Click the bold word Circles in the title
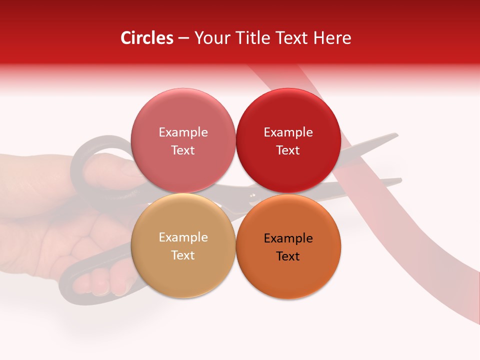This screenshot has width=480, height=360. click(x=146, y=38)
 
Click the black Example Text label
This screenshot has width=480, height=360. click(x=288, y=247)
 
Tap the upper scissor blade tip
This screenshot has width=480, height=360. click(x=395, y=134)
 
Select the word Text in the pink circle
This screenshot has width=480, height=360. click(x=183, y=150)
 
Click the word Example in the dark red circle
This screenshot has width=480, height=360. click(x=288, y=132)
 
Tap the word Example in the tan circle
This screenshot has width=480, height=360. click(x=183, y=237)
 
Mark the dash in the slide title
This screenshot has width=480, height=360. click(x=183, y=38)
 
